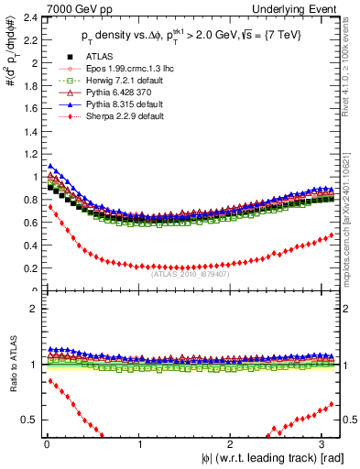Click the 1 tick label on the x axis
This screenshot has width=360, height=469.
pos(139,444)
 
